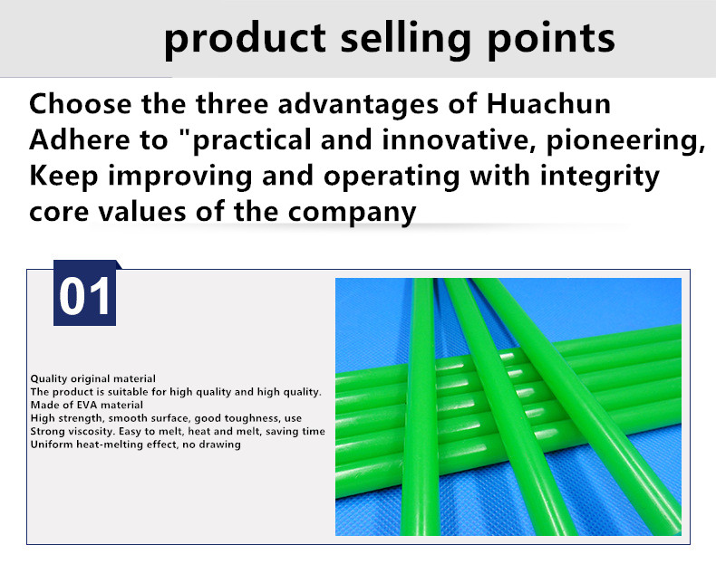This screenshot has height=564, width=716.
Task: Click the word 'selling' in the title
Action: [405, 39]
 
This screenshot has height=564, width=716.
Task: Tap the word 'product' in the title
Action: [246, 40]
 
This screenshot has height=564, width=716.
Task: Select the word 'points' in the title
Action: [551, 40]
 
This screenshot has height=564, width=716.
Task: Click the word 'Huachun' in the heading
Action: [548, 104]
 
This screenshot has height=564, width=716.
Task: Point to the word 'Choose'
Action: [81, 104]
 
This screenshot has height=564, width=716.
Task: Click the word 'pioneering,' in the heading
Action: [625, 140]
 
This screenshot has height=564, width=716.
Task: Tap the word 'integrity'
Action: [600, 177]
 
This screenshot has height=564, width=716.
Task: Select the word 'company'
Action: [352, 214]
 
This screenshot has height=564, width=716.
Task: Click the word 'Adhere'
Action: [80, 140]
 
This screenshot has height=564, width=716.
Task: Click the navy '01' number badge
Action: [85, 293]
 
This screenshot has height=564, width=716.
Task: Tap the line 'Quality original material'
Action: [93, 379]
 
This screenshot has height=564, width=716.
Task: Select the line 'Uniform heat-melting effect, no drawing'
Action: [136, 445]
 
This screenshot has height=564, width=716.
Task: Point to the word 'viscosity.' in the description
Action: [92, 431]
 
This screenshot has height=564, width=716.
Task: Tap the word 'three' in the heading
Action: [232, 104]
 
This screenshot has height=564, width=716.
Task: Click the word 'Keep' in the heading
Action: [63, 177]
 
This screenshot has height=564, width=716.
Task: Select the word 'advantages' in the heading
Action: [358, 105]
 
